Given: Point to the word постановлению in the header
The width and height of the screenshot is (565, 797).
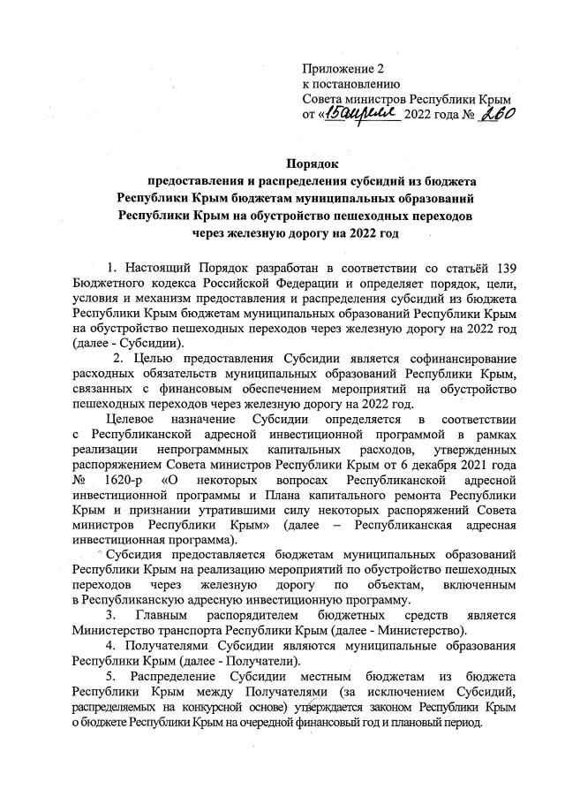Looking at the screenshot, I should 351,84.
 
